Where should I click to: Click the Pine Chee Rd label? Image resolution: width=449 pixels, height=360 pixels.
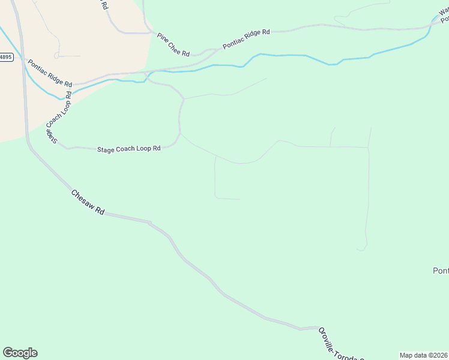173,44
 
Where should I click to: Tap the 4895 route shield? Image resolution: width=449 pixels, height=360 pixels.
5,57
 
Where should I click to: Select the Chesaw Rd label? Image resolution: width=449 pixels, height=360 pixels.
88,203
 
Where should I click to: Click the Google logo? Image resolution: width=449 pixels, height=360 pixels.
20,353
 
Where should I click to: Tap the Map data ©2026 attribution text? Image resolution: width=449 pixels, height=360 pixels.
423,355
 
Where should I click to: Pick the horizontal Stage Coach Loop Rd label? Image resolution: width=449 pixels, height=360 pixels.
128,148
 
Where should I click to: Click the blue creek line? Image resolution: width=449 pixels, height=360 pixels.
282,56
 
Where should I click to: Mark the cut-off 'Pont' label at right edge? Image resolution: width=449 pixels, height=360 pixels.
441,271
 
